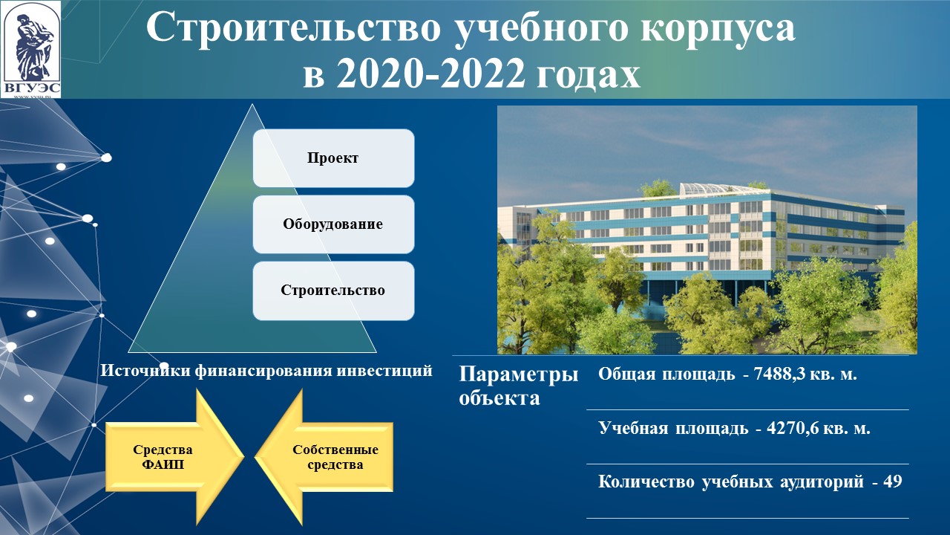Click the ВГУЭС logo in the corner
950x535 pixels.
31,50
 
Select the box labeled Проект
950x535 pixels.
333,158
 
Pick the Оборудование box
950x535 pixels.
333,224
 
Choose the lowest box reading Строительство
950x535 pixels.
333,291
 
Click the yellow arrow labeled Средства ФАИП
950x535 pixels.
174,457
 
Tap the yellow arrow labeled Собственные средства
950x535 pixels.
324,457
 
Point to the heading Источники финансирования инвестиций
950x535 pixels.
266,370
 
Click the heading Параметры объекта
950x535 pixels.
518,386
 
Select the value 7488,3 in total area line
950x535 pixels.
779,374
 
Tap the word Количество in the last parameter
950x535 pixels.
646,482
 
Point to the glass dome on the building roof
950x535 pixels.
712,189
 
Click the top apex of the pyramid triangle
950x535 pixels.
252,104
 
